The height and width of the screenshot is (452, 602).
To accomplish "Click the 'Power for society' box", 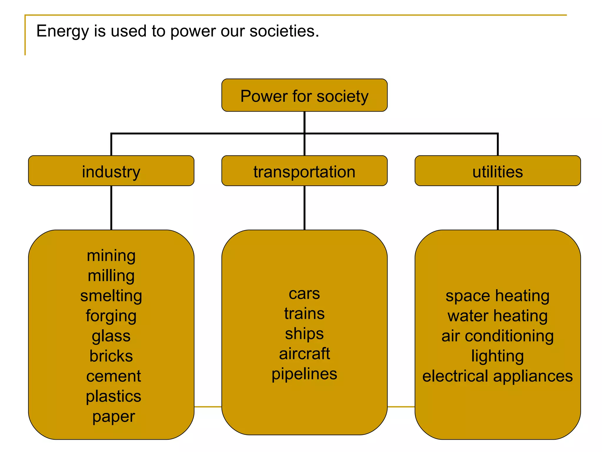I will [x=304, y=95].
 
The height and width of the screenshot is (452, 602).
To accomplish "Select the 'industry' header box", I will [x=111, y=171].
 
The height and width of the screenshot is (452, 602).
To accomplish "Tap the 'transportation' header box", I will [x=304, y=171].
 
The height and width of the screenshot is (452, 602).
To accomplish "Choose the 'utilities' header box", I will [x=497, y=171].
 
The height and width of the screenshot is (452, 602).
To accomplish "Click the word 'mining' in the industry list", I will [x=111, y=255].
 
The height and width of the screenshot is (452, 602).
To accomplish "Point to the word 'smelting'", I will [x=111, y=296].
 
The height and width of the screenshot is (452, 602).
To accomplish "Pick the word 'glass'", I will [x=111, y=336].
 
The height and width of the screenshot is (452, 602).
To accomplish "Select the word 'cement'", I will [x=113, y=376].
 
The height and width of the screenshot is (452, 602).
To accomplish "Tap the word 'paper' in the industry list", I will [x=113, y=417].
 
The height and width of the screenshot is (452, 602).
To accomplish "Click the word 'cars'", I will [x=304, y=293].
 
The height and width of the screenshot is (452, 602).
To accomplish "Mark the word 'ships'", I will [x=304, y=334].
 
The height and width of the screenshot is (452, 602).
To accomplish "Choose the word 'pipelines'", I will [x=304, y=374].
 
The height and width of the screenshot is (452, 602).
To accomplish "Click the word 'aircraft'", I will [x=304, y=354].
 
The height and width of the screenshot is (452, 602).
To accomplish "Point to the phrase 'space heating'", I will [x=497, y=296].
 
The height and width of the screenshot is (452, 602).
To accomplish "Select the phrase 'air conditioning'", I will [x=497, y=336].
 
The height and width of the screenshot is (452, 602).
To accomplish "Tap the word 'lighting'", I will [x=497, y=356].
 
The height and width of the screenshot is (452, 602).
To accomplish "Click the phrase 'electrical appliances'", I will [x=497, y=376].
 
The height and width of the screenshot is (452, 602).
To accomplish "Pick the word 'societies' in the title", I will [x=284, y=31].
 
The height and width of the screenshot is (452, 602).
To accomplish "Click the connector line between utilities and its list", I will [x=498, y=208].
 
